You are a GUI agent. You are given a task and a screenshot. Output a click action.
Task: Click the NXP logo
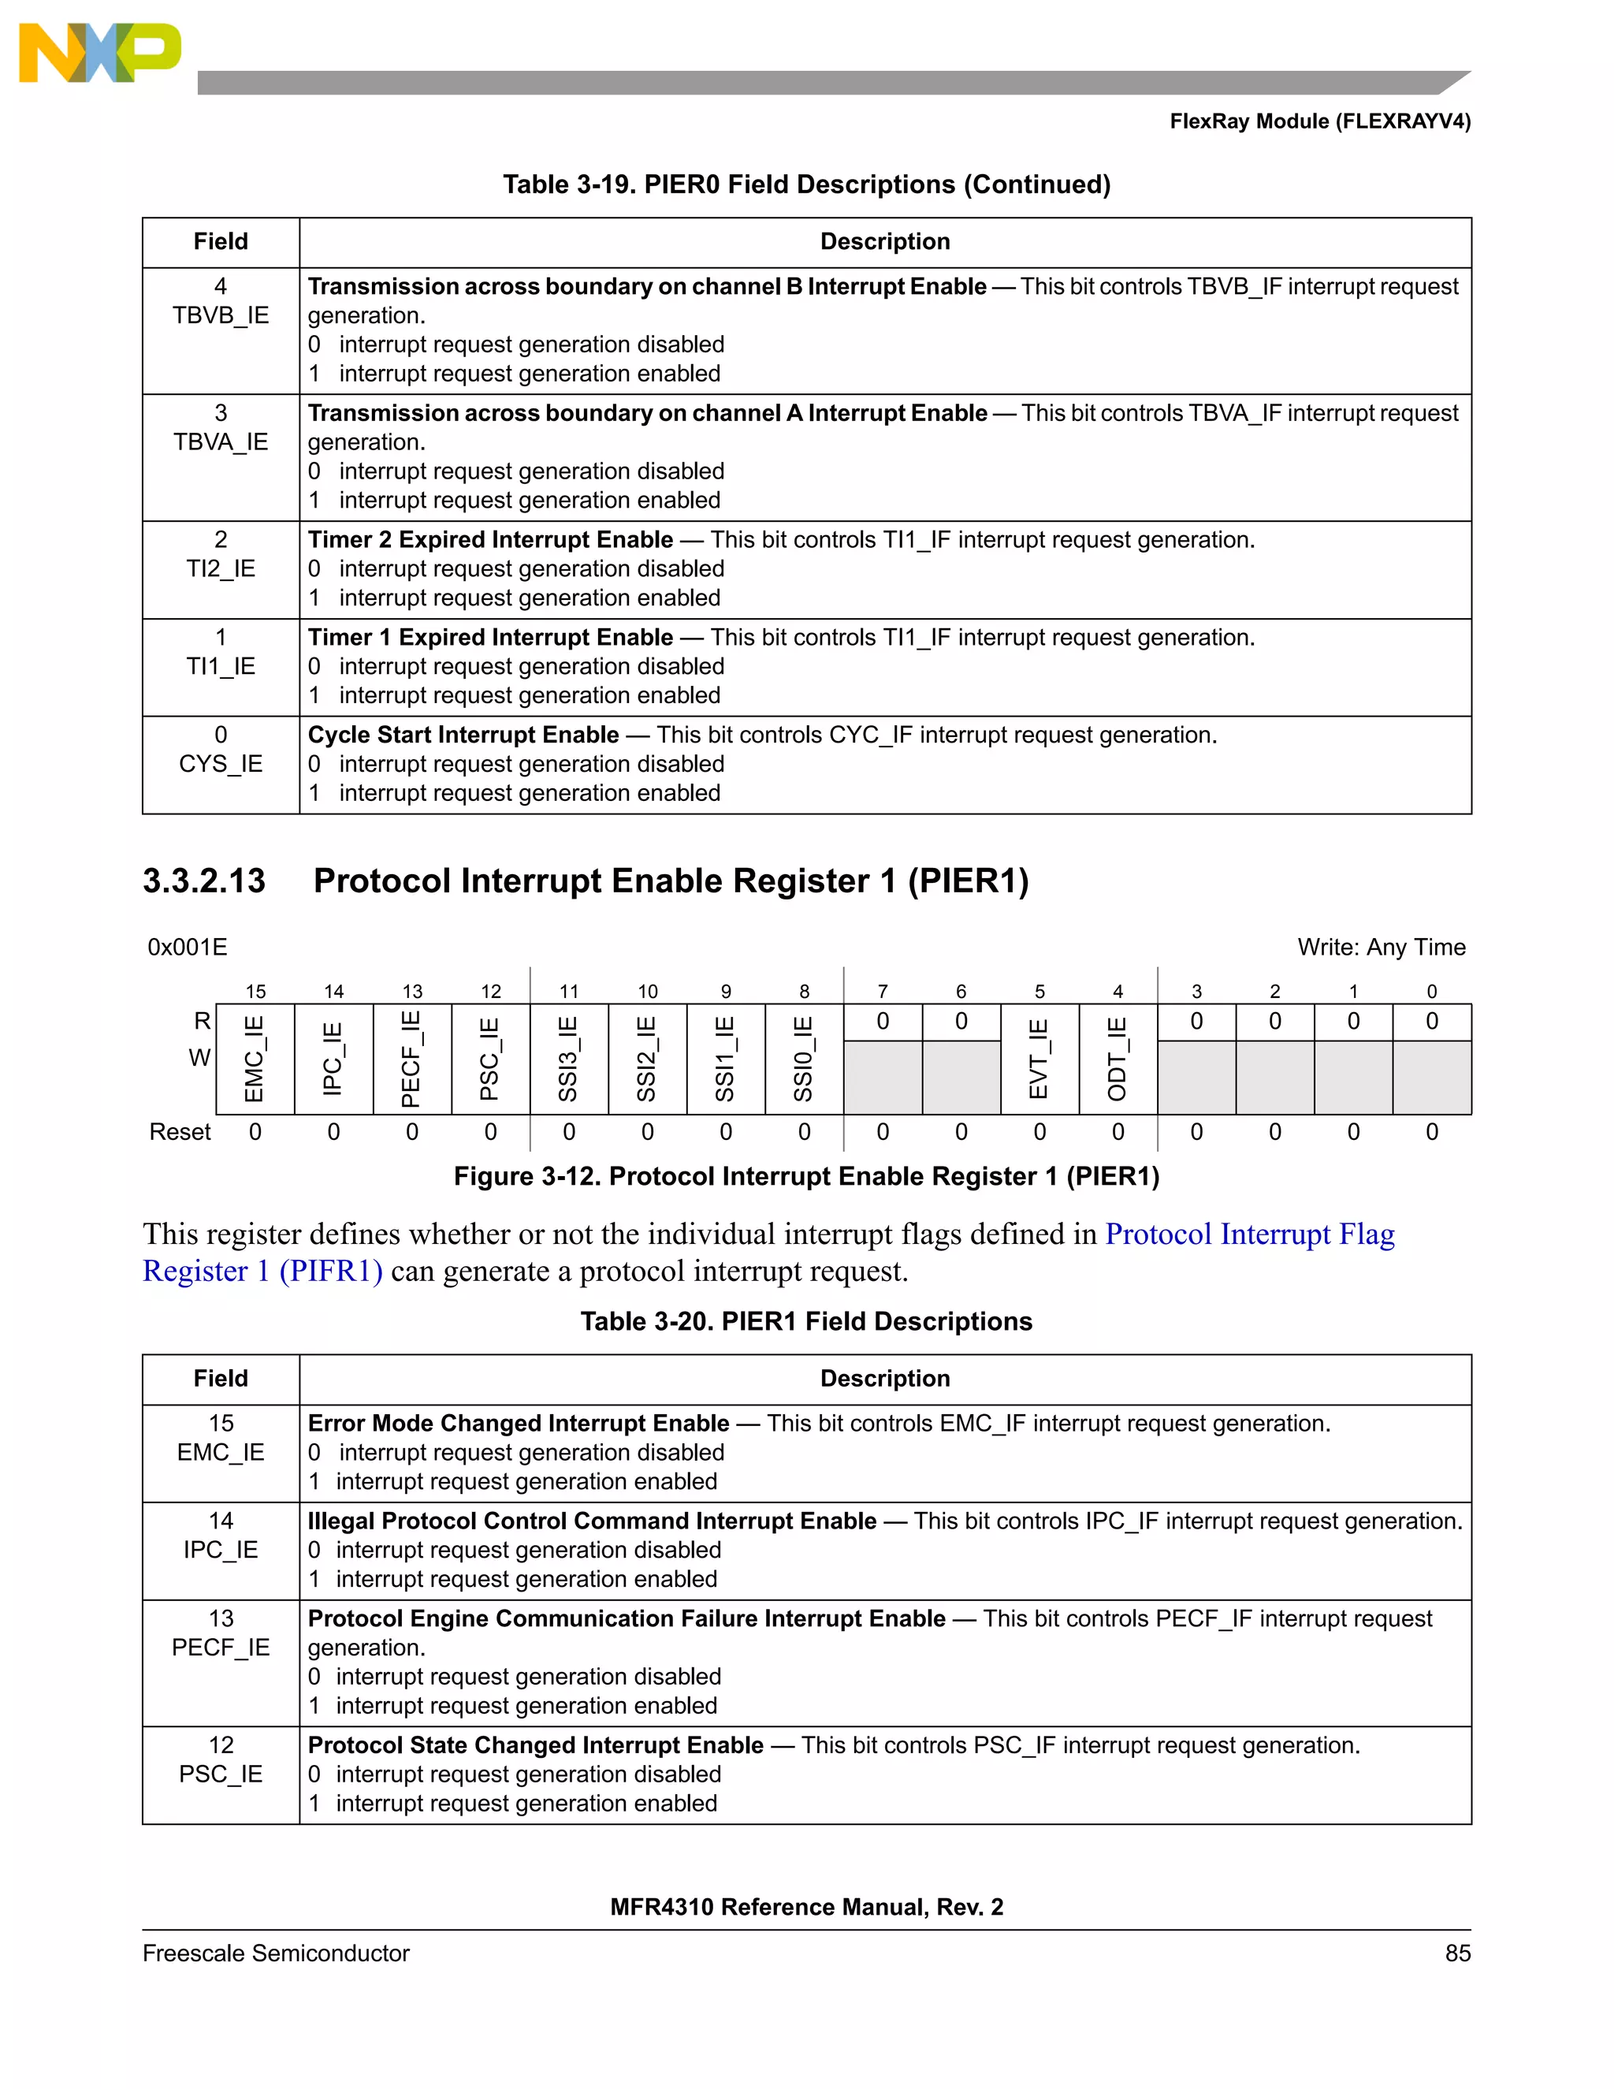point(99,53)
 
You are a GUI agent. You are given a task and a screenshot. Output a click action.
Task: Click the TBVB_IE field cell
point(221,315)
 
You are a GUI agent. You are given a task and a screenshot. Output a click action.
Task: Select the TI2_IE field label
point(221,568)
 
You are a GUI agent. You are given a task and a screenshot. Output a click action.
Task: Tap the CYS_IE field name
point(221,763)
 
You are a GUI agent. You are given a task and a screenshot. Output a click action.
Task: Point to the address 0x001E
point(188,947)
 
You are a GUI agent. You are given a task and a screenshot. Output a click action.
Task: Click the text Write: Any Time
point(1381,947)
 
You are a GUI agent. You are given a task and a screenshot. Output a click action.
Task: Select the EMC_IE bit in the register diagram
point(255,1059)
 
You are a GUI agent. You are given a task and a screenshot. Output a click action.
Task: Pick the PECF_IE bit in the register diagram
point(411,1059)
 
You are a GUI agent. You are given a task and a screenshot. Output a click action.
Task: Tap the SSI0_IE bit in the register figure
point(804,1059)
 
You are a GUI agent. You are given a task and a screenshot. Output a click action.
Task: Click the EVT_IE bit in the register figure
point(1039,1059)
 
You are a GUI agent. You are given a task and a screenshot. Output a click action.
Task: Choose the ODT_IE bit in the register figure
point(1118,1059)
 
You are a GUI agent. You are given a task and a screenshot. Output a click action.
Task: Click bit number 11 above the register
point(569,992)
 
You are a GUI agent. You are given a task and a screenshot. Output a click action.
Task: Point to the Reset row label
point(180,1133)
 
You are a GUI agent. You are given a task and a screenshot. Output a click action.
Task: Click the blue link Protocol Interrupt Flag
point(1249,1234)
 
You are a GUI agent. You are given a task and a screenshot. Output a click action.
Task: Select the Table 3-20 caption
point(806,1321)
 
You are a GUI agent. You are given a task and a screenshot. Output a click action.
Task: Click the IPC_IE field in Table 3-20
point(221,1550)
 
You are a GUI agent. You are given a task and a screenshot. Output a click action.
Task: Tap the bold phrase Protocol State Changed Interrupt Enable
point(535,1745)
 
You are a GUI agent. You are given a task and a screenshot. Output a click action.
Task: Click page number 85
point(1457,1953)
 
